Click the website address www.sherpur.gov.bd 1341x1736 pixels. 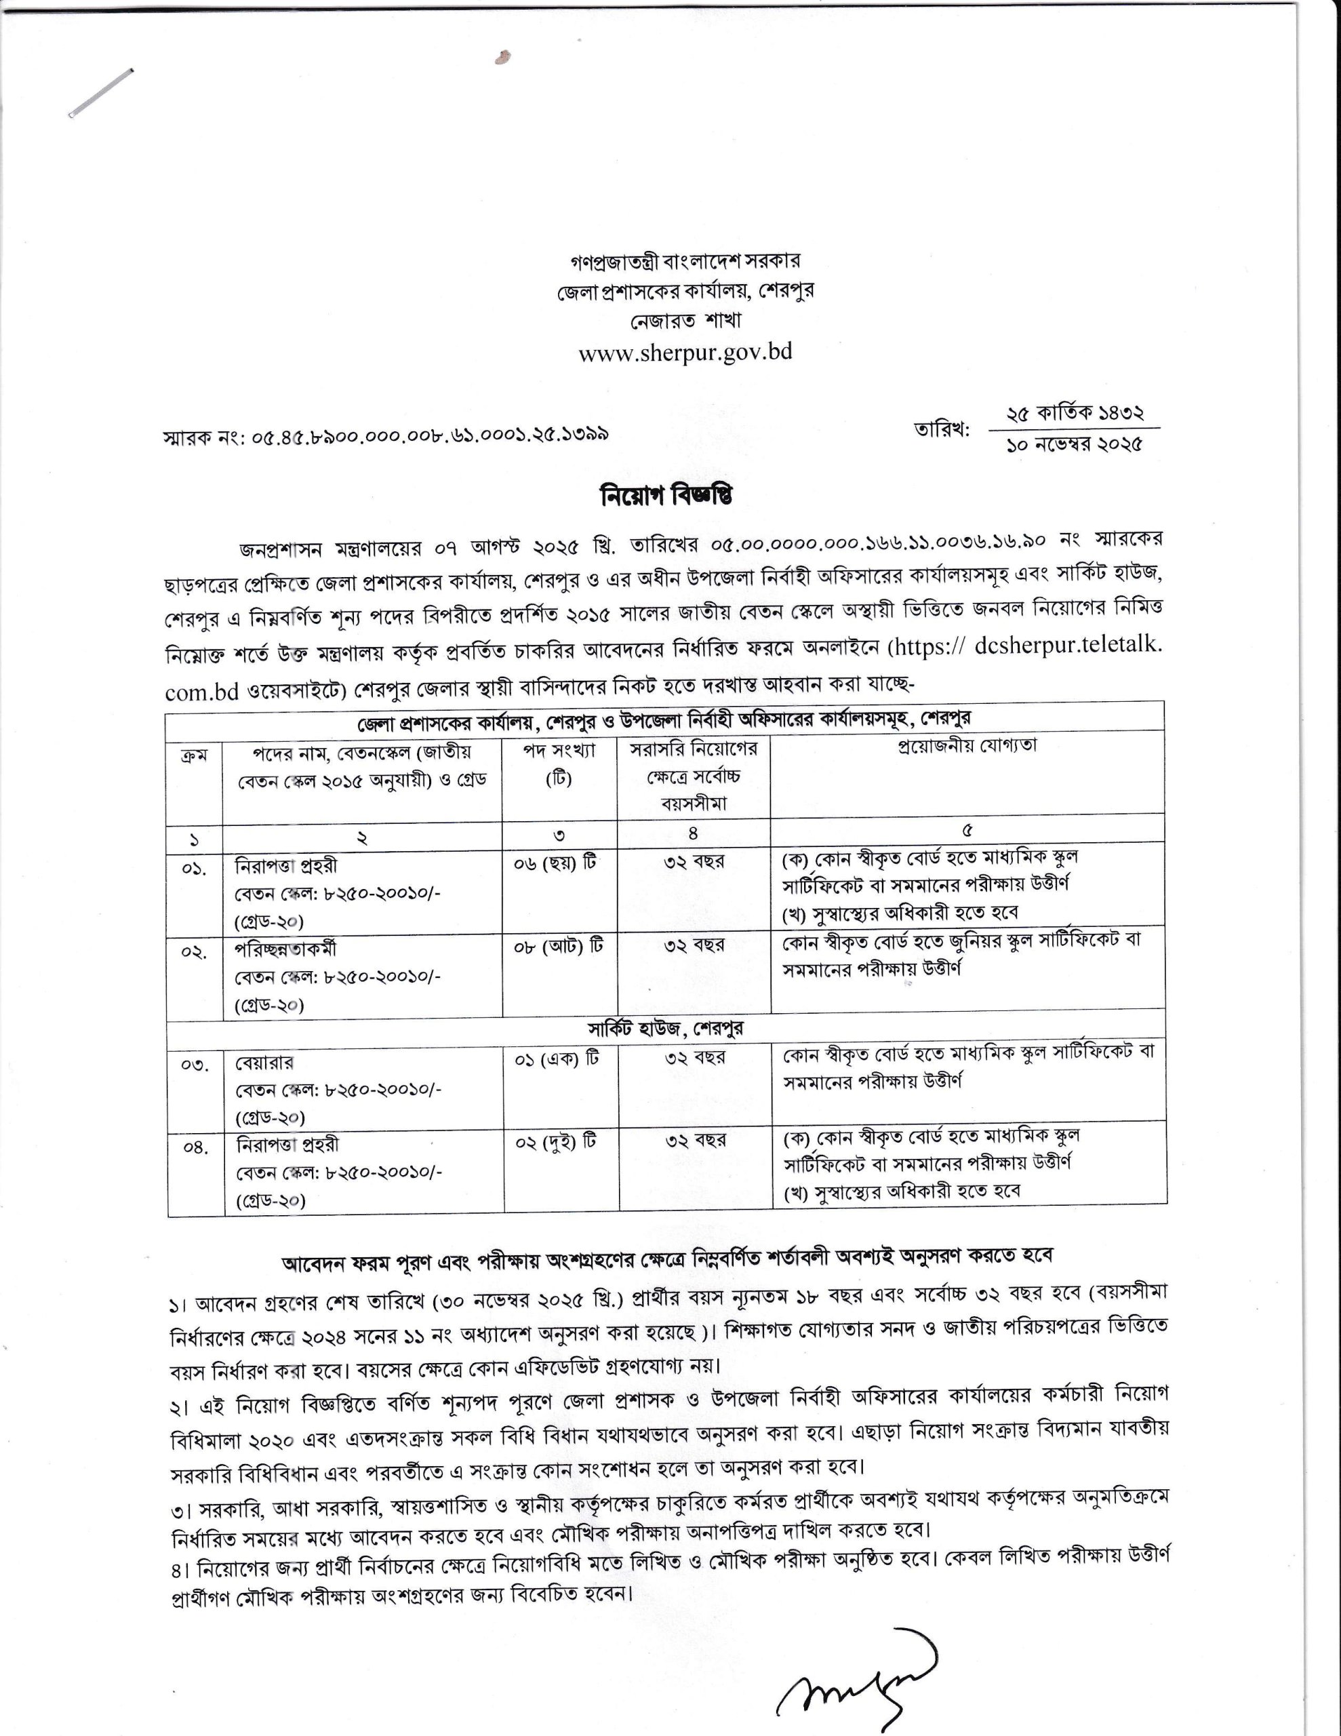[685, 352]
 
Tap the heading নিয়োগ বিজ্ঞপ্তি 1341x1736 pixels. [666, 495]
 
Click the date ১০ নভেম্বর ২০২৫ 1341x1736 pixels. [1074, 445]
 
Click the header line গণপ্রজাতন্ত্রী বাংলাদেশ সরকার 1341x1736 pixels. [685, 260]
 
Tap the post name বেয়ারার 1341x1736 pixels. [264, 1063]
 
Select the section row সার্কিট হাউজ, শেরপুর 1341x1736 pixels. [666, 1029]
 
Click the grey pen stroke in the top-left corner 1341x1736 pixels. [101, 94]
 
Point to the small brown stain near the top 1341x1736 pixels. [502, 57]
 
